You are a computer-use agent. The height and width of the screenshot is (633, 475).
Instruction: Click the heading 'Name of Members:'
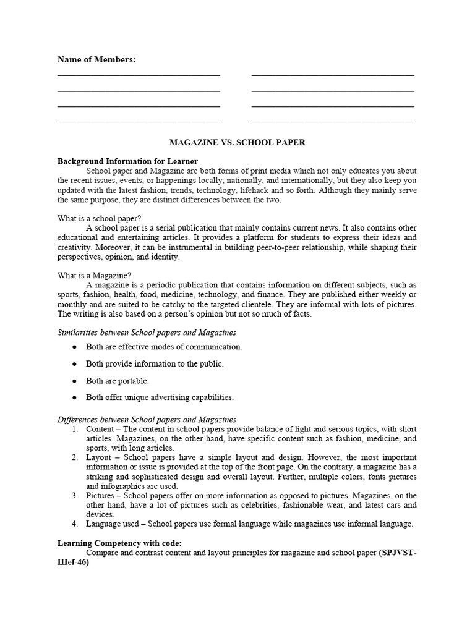pyautogui.click(x=96, y=59)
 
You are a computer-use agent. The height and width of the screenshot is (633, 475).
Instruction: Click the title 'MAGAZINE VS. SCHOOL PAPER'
pyautogui.click(x=237, y=142)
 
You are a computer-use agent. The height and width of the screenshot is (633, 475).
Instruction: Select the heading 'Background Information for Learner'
pyautogui.click(x=127, y=161)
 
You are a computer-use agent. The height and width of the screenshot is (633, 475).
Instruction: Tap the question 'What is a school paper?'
pyautogui.click(x=100, y=218)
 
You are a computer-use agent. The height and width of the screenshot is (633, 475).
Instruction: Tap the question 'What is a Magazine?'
pyautogui.click(x=94, y=275)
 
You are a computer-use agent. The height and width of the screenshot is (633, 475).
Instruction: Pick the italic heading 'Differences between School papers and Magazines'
pyautogui.click(x=147, y=420)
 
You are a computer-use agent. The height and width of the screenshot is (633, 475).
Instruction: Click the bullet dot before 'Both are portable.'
pyautogui.click(x=74, y=381)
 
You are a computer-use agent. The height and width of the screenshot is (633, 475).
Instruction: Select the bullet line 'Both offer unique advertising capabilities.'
pyautogui.click(x=160, y=397)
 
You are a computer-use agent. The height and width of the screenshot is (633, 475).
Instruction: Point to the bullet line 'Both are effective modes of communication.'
pyautogui.click(x=164, y=347)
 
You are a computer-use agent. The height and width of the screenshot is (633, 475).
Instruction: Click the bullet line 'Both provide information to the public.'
pyautogui.click(x=155, y=364)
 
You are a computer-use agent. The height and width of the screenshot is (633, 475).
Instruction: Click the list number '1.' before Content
pyautogui.click(x=74, y=429)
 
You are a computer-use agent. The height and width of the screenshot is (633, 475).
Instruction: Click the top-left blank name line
pyautogui.click(x=139, y=75)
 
